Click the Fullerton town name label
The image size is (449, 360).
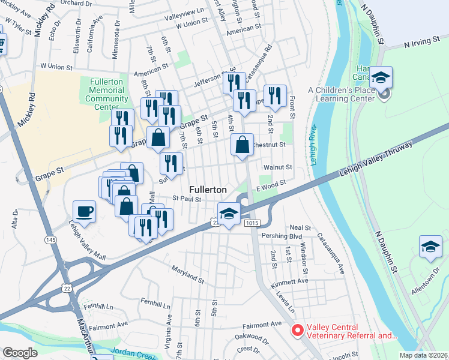point(208,189)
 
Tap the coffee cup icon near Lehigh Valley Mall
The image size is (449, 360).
point(84,211)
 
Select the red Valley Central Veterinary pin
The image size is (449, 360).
point(297,331)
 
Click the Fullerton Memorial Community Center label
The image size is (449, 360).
point(106,94)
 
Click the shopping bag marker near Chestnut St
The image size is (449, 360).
point(242,145)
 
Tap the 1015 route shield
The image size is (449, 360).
point(252,223)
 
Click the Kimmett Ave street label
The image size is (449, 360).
point(289,281)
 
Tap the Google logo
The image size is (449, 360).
point(20,353)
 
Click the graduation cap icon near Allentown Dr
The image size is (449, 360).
point(430,247)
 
